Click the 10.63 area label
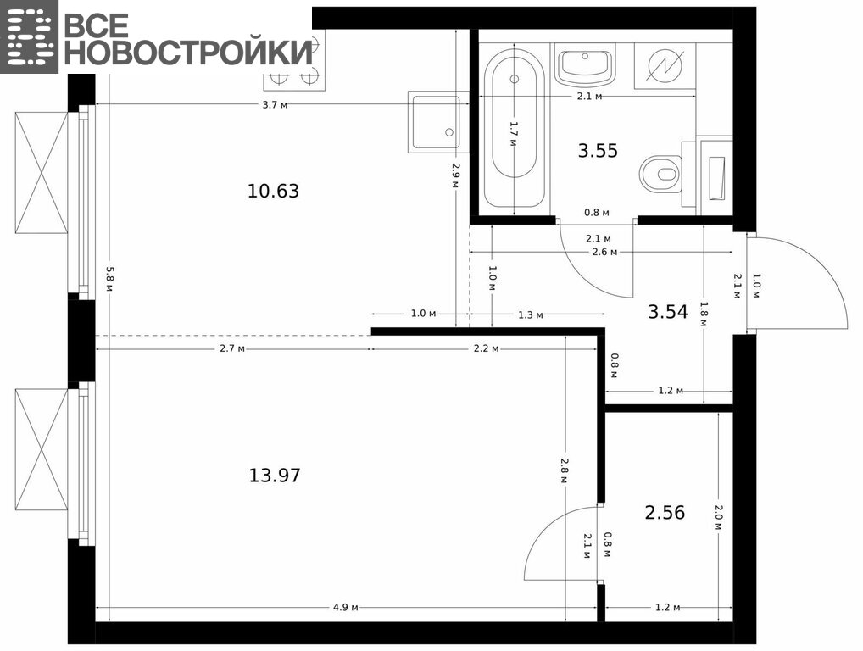(x=273, y=191)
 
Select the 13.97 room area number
(x=275, y=475)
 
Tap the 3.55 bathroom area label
(x=598, y=150)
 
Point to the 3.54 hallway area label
(x=668, y=311)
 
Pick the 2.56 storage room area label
(x=665, y=512)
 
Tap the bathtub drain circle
(x=514, y=79)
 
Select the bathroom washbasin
(x=584, y=65)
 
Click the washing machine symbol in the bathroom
(x=665, y=65)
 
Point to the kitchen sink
(x=435, y=122)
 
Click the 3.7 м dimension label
(x=276, y=104)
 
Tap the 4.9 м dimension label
(x=346, y=607)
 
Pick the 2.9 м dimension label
(x=455, y=175)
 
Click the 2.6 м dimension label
(x=604, y=252)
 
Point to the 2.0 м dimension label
(x=718, y=517)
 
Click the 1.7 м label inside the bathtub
(x=513, y=134)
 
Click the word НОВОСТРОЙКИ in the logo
(x=192, y=53)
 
